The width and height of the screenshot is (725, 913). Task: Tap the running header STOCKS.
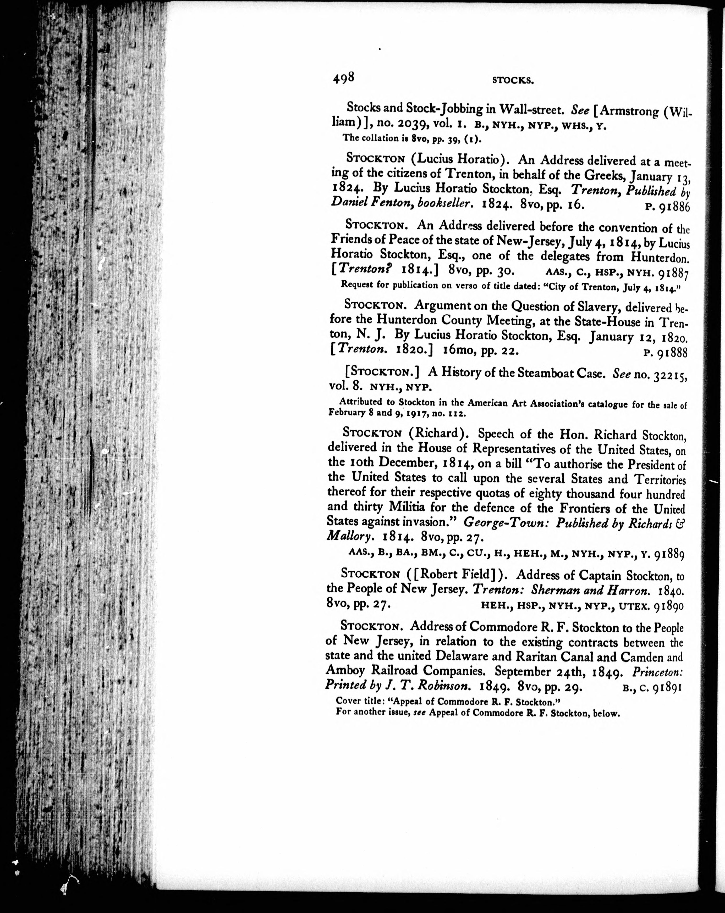(513, 80)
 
